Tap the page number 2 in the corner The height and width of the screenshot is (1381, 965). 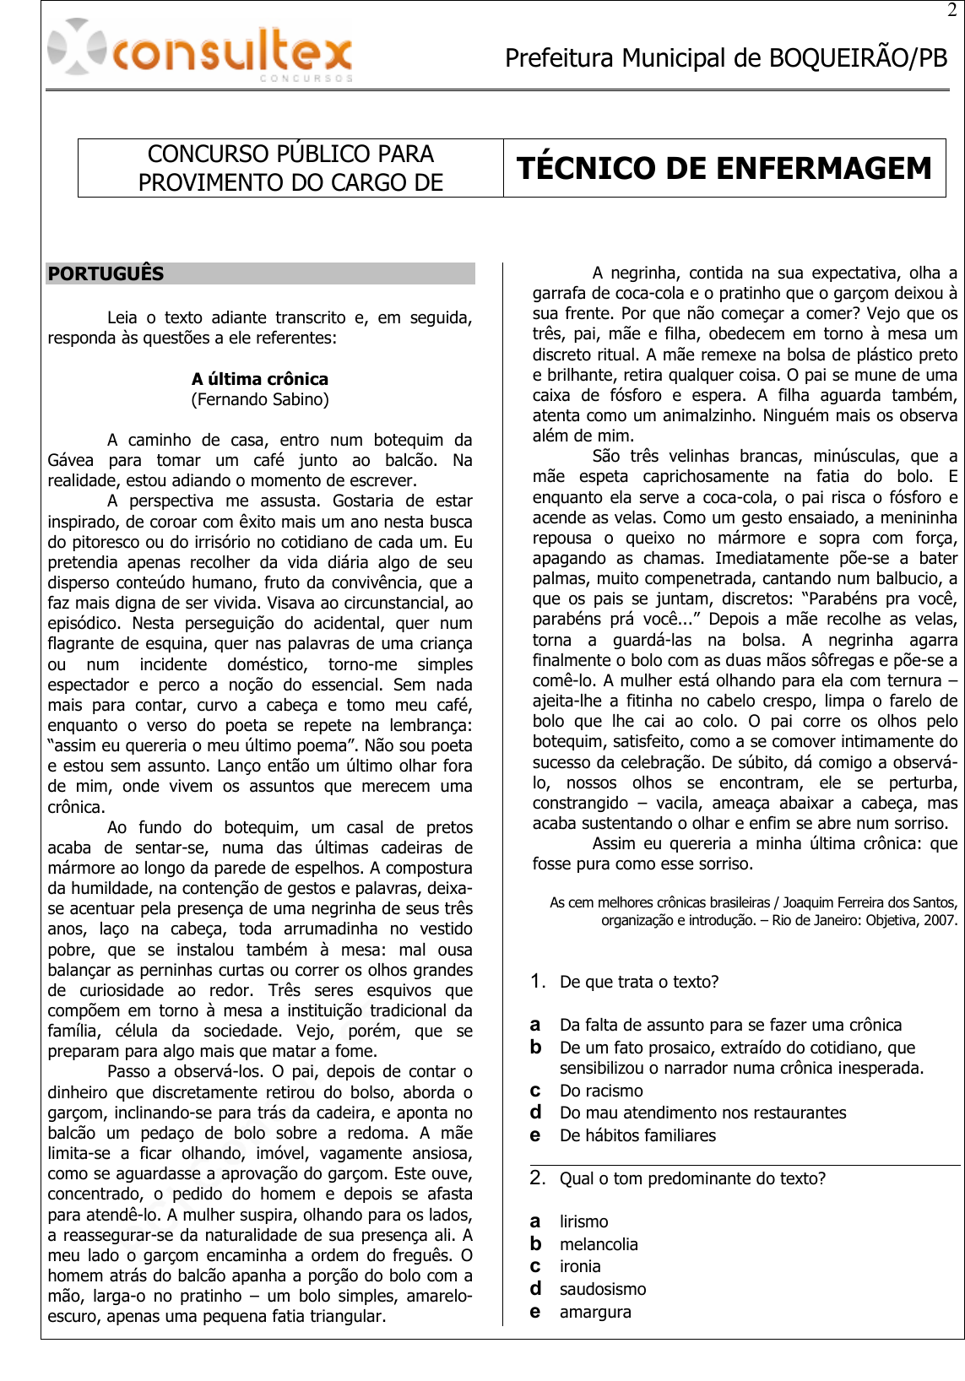pyautogui.click(x=952, y=11)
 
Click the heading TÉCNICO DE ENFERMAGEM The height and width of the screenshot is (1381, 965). pyautogui.click(x=724, y=168)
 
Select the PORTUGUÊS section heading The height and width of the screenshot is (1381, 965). pyautogui.click(x=106, y=273)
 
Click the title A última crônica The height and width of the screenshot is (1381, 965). pyautogui.click(x=260, y=379)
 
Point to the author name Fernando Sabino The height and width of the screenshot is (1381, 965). pyautogui.click(x=260, y=399)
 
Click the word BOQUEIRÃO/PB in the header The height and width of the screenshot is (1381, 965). pyautogui.click(x=858, y=58)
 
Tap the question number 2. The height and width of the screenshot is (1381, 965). pyautogui.click(x=538, y=1178)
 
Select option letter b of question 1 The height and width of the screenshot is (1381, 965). pyautogui.click(x=535, y=1048)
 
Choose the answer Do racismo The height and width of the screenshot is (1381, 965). pyautogui.click(x=601, y=1091)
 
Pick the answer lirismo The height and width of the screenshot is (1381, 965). pyautogui.click(x=583, y=1221)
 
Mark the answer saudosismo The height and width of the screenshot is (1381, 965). pyautogui.click(x=603, y=1289)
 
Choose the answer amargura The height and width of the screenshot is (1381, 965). pyautogui.click(x=595, y=1312)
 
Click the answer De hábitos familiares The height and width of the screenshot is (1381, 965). pyautogui.click(x=637, y=1135)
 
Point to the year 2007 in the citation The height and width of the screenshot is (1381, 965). pyautogui.click(x=940, y=920)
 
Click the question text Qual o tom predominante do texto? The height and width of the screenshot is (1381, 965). pyautogui.click(x=692, y=1178)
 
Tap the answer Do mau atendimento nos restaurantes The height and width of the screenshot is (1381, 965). pyautogui.click(x=702, y=1113)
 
